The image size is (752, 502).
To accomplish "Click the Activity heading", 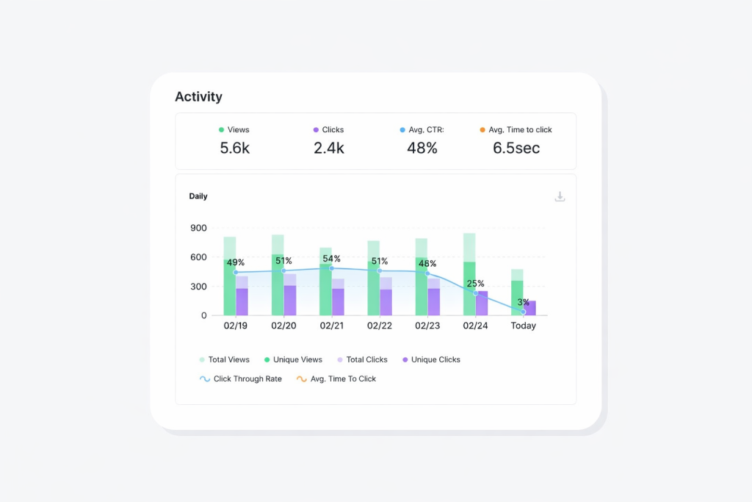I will pyautogui.click(x=198, y=97).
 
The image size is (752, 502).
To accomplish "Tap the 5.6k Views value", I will pyautogui.click(x=235, y=148).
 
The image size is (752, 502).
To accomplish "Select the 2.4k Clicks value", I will pyautogui.click(x=329, y=148).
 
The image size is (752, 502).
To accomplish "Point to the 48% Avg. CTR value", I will pyautogui.click(x=422, y=148).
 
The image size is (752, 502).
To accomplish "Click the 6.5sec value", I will pyautogui.click(x=516, y=148).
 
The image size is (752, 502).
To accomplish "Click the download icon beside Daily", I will pyautogui.click(x=560, y=196).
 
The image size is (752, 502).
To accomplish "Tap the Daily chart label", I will pyautogui.click(x=198, y=196).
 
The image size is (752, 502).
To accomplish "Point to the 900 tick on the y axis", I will pyautogui.click(x=198, y=228).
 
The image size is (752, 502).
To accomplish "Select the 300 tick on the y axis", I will pyautogui.click(x=198, y=287).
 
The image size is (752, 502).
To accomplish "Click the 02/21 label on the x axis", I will pyautogui.click(x=331, y=326).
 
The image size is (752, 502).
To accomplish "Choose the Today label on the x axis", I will pyautogui.click(x=524, y=326).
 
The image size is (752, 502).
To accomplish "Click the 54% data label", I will pyautogui.click(x=332, y=259).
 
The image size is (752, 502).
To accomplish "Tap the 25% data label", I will pyautogui.click(x=476, y=284).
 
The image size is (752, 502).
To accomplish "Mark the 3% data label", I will pyautogui.click(x=524, y=302).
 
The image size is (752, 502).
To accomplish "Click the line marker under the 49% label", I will pyautogui.click(x=236, y=273).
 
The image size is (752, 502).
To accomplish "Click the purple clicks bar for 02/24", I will pyautogui.click(x=482, y=304).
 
